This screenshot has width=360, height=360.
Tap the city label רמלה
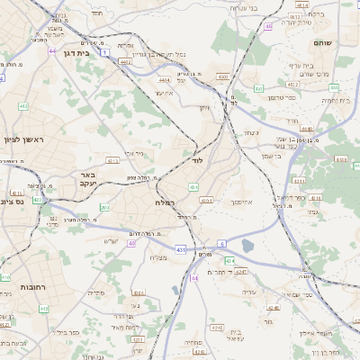[152, 204]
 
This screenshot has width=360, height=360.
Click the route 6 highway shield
[221, 244]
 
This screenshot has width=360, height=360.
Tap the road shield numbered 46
[268, 26]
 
